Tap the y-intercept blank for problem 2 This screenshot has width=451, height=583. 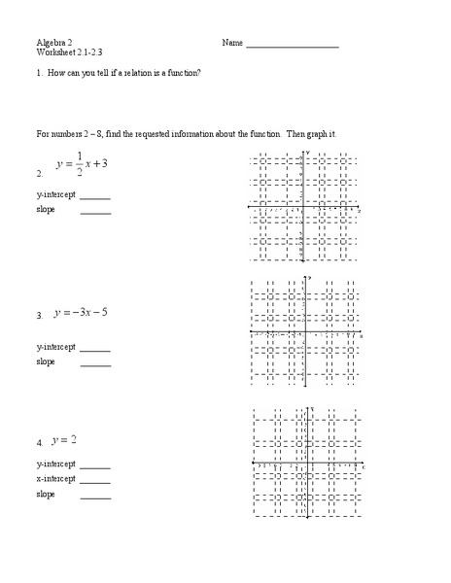[x=95, y=197]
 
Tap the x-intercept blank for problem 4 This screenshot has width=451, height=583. [x=95, y=480]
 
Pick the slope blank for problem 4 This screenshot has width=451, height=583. [x=95, y=496]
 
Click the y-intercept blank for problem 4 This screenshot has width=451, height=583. [x=95, y=465]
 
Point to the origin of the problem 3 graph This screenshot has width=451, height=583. [x=307, y=331]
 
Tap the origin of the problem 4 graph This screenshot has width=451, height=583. [x=309, y=464]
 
